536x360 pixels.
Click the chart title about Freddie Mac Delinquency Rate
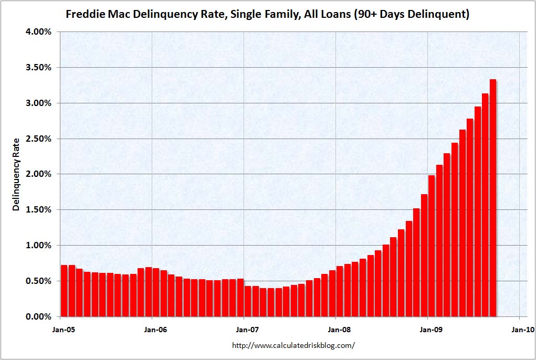point(267,14)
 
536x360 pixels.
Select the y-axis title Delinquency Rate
point(16,174)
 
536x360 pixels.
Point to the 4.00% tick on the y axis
point(38,32)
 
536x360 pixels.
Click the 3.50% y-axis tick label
point(38,68)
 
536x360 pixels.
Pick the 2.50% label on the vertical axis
point(38,139)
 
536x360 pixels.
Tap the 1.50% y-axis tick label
point(38,210)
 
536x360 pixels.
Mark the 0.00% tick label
point(38,317)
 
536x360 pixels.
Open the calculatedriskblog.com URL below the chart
point(293,345)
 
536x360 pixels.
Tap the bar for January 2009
point(432,246)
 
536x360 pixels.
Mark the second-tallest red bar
point(485,205)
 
